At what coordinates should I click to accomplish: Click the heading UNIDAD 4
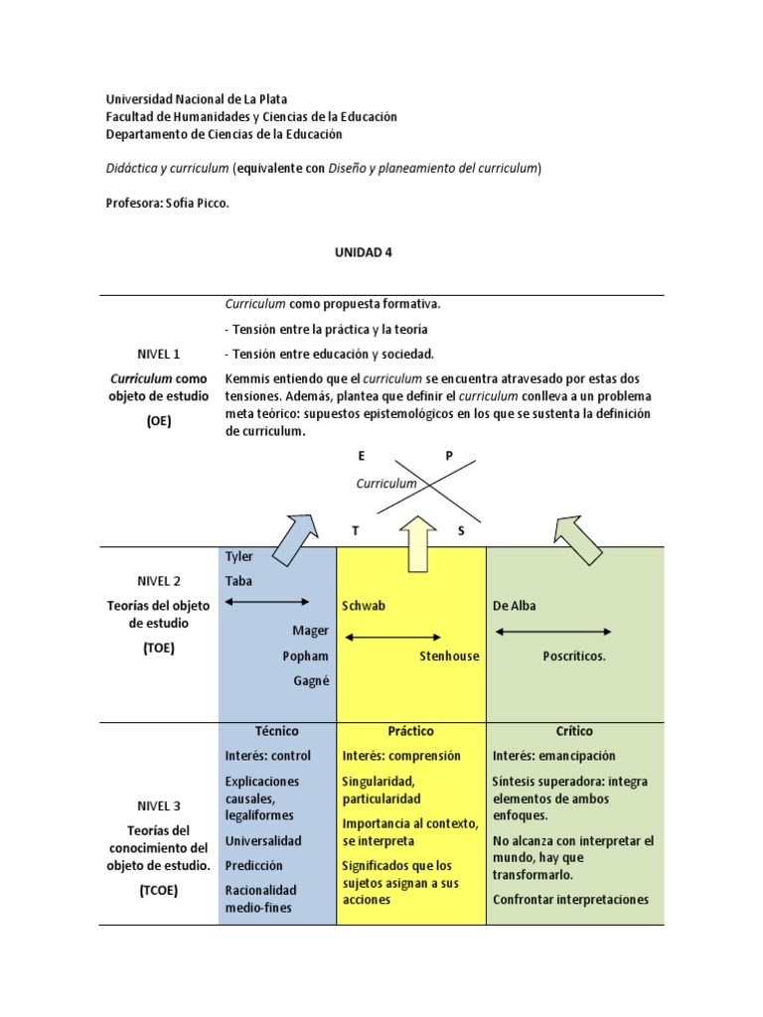[x=365, y=252]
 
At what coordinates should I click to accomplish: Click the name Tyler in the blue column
[x=239, y=557]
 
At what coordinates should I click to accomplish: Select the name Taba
[x=238, y=581]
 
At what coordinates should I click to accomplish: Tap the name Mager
[x=310, y=631]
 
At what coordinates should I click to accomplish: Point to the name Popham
[x=305, y=655]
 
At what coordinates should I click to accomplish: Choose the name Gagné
[x=310, y=680]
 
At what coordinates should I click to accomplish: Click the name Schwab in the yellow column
[x=362, y=606]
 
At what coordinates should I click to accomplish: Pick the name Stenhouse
[x=449, y=655]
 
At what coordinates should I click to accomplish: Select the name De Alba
[x=514, y=606]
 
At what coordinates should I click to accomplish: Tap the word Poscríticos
[x=574, y=655]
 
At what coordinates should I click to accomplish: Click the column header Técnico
[x=276, y=731]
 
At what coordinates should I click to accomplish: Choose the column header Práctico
[x=410, y=731]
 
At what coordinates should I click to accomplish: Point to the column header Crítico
[x=574, y=731]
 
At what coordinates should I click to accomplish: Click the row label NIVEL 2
[x=159, y=580]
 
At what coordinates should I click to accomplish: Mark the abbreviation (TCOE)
[x=159, y=890]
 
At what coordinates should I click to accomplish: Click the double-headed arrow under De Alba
[x=552, y=632]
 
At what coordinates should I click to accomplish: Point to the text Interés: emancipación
[x=553, y=756]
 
